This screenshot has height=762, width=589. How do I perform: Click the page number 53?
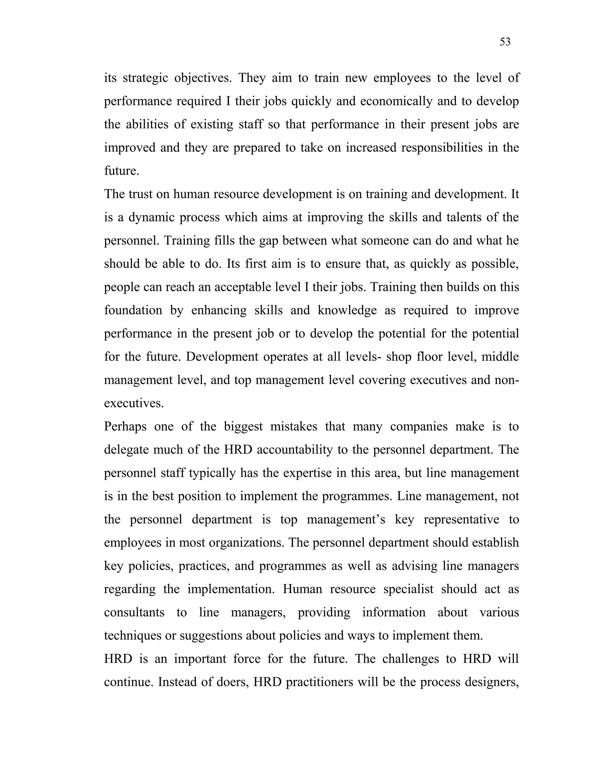[505, 42]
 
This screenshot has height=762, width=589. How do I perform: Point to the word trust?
[141, 194]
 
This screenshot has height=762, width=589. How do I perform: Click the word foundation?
[133, 310]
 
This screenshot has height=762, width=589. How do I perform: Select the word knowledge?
[347, 310]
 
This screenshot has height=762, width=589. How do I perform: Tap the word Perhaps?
[125, 426]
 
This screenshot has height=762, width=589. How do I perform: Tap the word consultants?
[134, 612]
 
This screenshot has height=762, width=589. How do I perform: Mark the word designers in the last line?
[492, 682]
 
